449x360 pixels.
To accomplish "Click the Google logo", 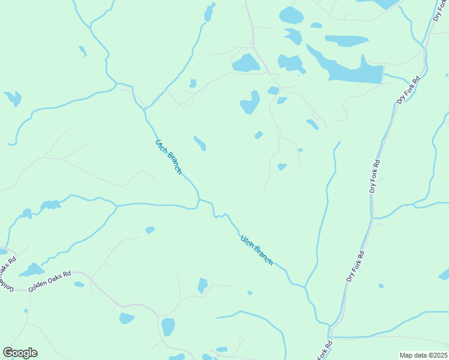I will (x=20, y=353).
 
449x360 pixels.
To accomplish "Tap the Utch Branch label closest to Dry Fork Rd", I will (x=256, y=250).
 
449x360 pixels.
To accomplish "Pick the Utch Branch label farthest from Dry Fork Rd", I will (x=169, y=157).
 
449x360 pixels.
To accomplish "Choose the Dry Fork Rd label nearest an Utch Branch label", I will (x=355, y=268).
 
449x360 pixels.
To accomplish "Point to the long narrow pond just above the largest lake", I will (x=346, y=41).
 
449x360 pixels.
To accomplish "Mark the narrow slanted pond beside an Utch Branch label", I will (x=200, y=143).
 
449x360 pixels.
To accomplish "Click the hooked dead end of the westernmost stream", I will (x=10, y=144).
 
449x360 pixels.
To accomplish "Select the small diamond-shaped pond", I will (x=259, y=135).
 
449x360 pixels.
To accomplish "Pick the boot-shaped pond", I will (x=250, y=103).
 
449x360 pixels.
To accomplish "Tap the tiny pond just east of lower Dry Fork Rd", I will (x=381, y=286).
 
